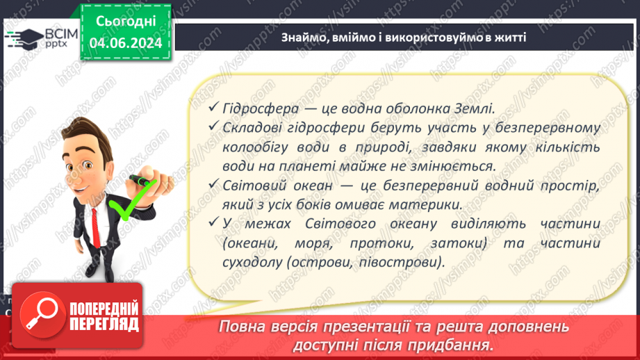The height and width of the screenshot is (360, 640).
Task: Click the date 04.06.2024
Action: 126,43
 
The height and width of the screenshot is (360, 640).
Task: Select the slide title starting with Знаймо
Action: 404,37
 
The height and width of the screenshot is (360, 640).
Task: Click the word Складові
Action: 254,128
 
